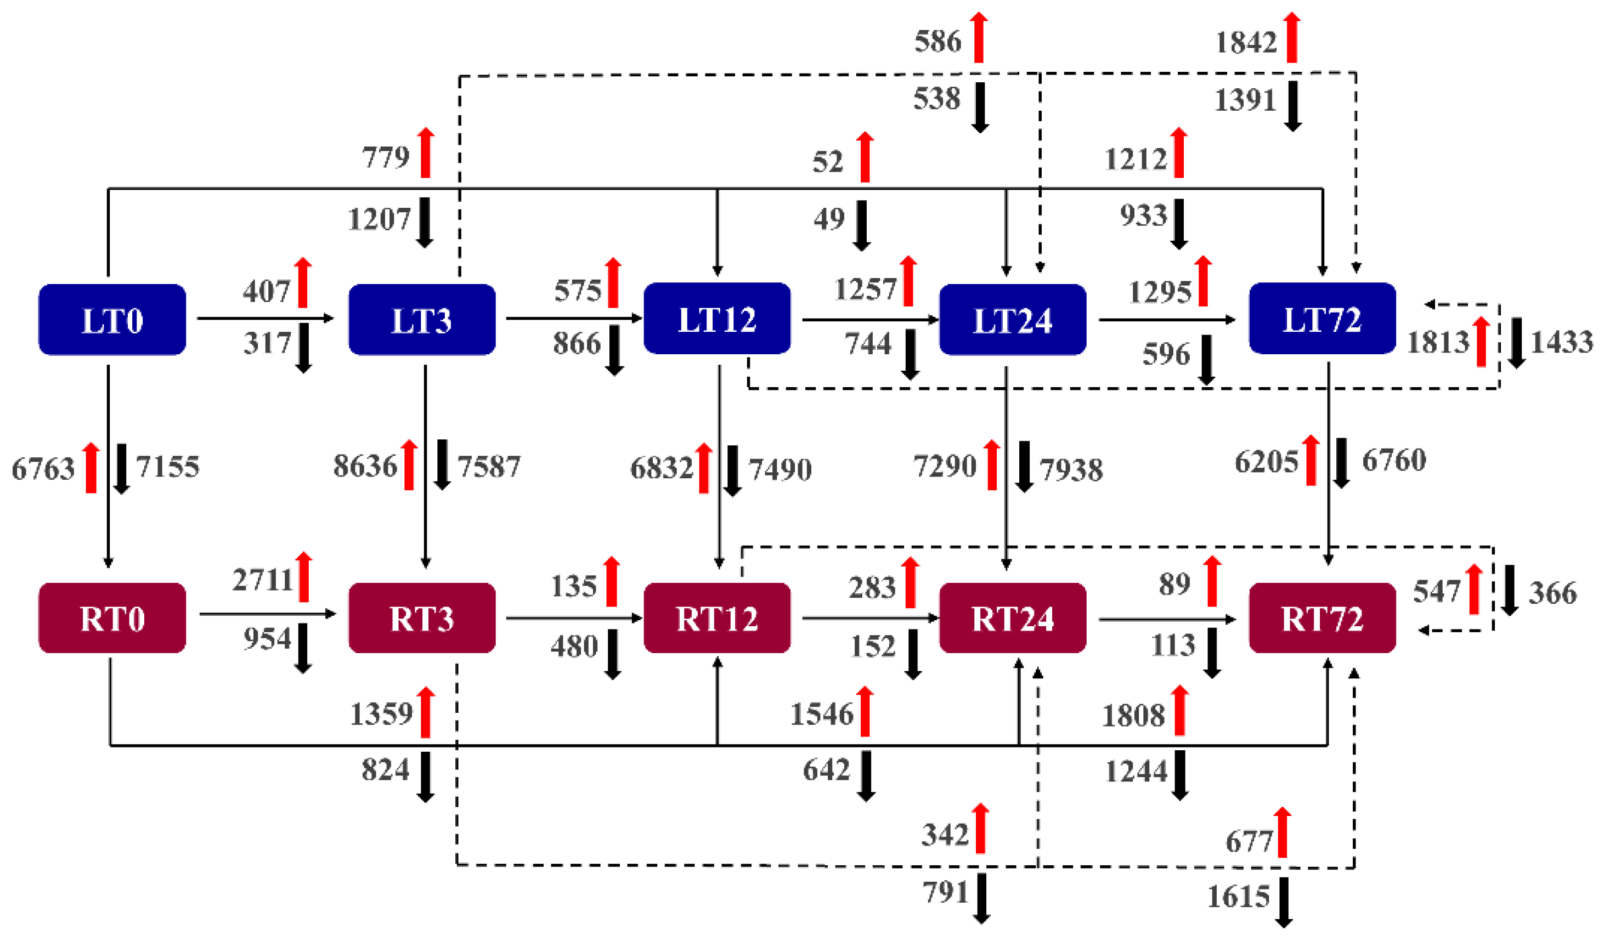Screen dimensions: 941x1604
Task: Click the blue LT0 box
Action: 112,319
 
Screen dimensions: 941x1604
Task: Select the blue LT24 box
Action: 1012,319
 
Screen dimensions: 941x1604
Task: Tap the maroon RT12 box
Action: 717,618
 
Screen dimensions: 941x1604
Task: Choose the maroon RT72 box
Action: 1321,618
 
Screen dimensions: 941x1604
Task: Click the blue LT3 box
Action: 421,319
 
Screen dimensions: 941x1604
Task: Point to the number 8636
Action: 365,466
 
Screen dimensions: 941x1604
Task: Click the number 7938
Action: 1071,469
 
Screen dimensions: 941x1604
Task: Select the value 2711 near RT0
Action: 262,580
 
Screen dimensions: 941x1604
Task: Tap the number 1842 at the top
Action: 1246,43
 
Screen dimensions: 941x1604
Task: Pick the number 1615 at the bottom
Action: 1238,897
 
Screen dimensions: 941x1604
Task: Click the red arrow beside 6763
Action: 91,468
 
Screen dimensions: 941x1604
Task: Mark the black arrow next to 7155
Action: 121,469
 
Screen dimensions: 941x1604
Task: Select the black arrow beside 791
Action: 981,898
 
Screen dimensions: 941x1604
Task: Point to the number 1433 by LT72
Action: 1561,342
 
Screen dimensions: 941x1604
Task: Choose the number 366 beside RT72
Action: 1552,593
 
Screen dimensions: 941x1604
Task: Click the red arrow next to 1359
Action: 425,712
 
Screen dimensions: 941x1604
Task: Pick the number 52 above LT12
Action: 827,161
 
